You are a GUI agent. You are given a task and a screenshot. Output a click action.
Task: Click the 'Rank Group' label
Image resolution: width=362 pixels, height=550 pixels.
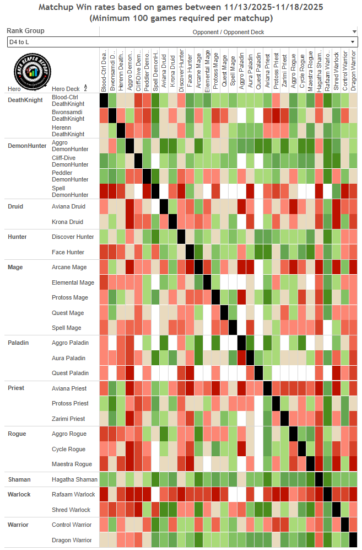click(x=25, y=31)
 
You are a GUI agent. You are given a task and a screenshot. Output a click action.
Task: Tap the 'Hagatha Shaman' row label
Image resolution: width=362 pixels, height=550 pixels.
click(x=74, y=479)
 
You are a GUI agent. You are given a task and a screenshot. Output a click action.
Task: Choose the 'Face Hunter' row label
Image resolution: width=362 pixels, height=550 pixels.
click(x=68, y=252)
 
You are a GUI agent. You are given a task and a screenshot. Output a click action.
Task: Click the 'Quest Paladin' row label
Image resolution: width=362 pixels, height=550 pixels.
click(x=70, y=373)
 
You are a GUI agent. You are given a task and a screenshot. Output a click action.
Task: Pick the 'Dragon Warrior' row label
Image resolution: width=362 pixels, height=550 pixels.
click(x=72, y=540)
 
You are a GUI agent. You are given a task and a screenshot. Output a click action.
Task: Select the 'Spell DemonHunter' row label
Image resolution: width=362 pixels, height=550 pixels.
click(x=70, y=191)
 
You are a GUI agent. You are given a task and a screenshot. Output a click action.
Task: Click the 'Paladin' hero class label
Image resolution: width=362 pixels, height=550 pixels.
click(x=18, y=343)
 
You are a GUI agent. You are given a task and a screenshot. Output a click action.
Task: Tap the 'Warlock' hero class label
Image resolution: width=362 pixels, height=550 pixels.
click(x=19, y=494)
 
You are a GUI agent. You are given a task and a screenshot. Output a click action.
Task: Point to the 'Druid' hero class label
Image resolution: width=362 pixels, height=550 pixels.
click(x=15, y=206)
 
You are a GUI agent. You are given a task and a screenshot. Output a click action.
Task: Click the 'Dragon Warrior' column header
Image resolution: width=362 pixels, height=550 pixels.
click(x=353, y=69)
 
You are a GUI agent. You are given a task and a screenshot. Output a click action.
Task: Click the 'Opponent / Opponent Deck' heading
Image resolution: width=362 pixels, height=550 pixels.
click(x=228, y=32)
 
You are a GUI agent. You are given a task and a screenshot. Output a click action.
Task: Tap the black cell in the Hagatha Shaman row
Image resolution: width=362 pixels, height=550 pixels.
click(x=318, y=479)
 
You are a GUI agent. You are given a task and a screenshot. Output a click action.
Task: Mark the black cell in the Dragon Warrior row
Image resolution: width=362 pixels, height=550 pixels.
click(x=353, y=540)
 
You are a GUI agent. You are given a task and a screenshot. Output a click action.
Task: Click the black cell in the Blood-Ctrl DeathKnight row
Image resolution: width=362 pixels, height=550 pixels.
click(x=104, y=100)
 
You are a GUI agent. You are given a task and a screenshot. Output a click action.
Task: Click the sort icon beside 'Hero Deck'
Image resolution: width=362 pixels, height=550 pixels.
click(x=85, y=88)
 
